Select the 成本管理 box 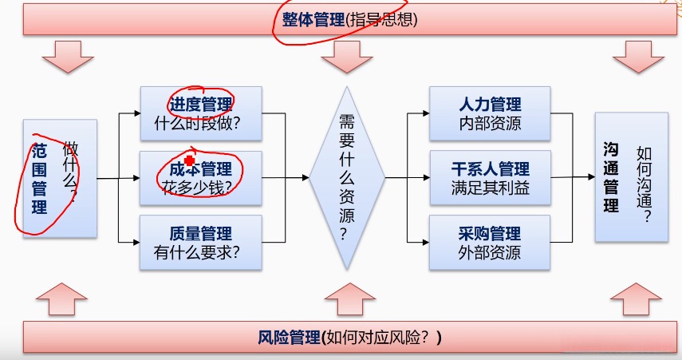point(200,177)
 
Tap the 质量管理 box point(200,242)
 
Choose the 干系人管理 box point(490,177)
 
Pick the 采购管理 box point(490,242)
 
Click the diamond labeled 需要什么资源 point(346,177)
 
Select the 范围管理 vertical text point(39,180)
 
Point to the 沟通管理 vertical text point(611,177)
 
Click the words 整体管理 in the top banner point(313,19)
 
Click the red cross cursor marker point(190,161)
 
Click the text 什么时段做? point(200,124)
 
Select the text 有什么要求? point(200,252)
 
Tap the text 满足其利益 point(490,188)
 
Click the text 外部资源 point(490,252)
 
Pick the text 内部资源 point(490,124)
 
